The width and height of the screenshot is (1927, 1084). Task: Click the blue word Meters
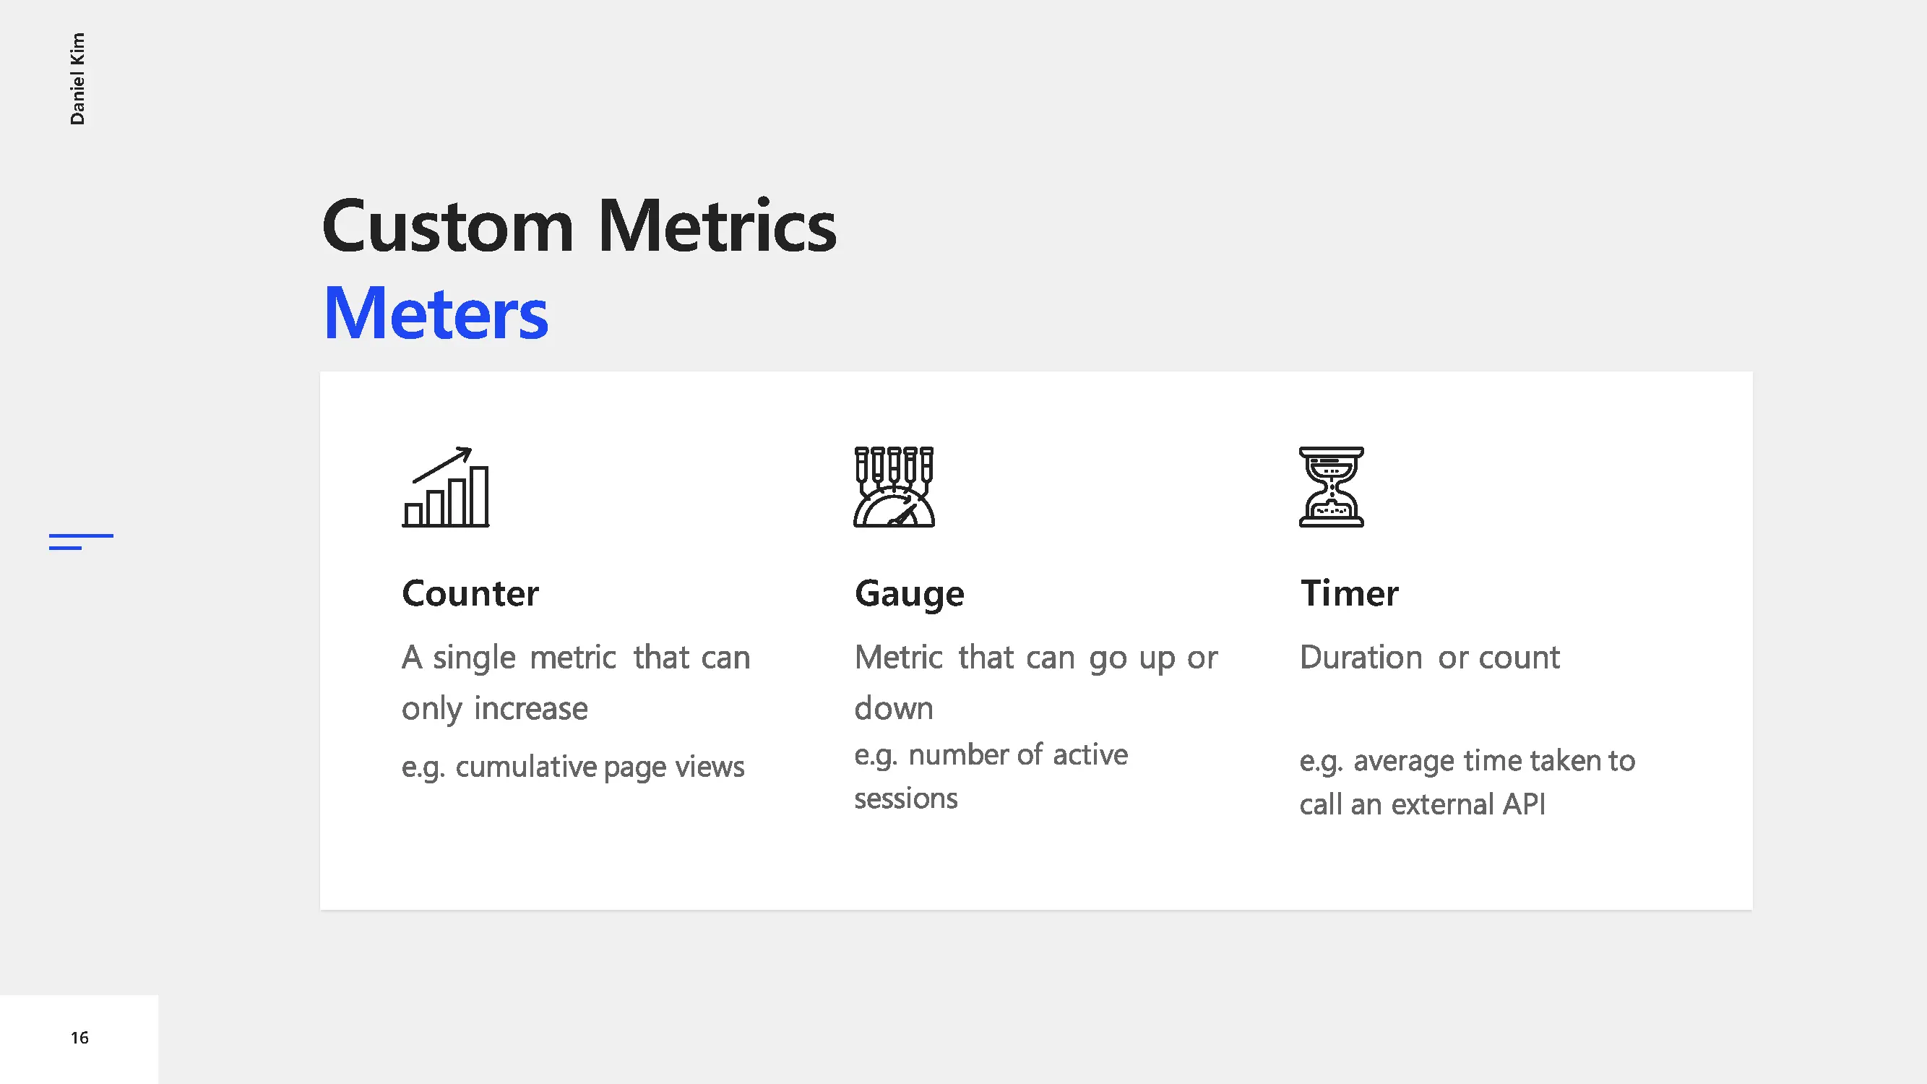click(x=436, y=314)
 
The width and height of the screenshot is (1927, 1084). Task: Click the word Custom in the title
click(x=447, y=226)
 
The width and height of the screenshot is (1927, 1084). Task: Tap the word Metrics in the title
click(x=717, y=226)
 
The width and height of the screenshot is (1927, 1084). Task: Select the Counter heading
click(x=470, y=593)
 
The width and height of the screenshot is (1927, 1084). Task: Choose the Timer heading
click(x=1349, y=593)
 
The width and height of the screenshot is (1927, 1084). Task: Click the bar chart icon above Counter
click(x=446, y=487)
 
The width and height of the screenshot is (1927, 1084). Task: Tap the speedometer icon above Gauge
click(x=894, y=487)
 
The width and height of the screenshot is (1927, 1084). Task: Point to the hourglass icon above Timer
click(x=1332, y=487)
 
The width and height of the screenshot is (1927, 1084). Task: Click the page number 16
click(x=79, y=1038)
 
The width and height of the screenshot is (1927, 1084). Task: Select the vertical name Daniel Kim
click(x=77, y=79)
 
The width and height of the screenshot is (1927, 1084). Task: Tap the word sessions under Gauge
click(x=905, y=799)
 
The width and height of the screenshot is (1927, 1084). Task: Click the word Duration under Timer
click(x=1361, y=658)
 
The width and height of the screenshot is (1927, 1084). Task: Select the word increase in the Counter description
click(x=530, y=708)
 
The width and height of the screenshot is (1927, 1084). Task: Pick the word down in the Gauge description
click(x=894, y=708)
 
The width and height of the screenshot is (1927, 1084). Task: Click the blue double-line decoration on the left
click(x=81, y=541)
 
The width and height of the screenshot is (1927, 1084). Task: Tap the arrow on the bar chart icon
click(x=442, y=465)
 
